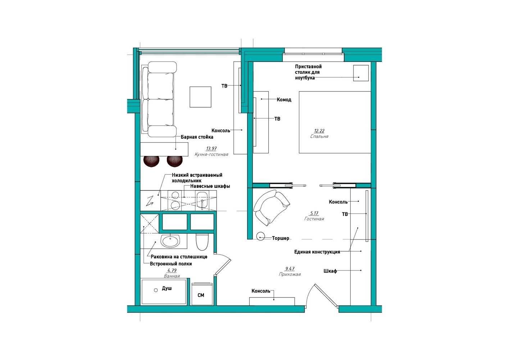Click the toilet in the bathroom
[x=202, y=242]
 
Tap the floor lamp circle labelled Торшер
[x=260, y=236]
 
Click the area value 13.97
[x=211, y=149]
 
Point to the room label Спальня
[x=319, y=136]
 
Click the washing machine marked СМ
[x=202, y=294]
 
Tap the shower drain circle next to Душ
[x=156, y=290]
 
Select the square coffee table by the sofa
[x=200, y=96]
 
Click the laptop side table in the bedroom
[x=361, y=73]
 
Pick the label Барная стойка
[x=197, y=137]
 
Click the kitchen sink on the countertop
[x=202, y=201]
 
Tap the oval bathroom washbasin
[x=170, y=241]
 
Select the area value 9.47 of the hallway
[x=290, y=269]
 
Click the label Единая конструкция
[x=317, y=252]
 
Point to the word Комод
[x=284, y=100]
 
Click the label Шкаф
[x=330, y=271]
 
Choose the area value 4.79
[x=172, y=270]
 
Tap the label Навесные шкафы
[x=210, y=186]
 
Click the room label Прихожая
[x=290, y=274]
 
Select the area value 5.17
[x=314, y=213]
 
